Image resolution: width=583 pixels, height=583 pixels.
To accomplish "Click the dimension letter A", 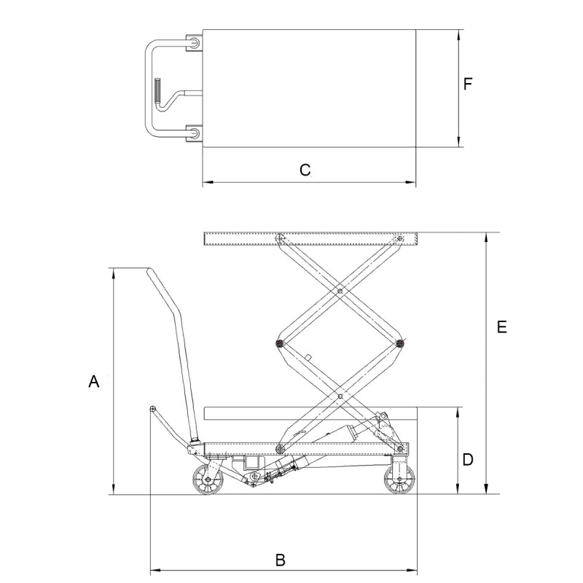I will (93, 380).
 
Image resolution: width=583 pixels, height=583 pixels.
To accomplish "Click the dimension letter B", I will (280, 560).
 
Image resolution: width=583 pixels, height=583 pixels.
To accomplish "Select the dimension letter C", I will (305, 170).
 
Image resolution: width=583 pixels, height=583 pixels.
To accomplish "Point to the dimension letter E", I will (501, 327).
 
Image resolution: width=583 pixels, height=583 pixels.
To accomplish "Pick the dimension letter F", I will (469, 84).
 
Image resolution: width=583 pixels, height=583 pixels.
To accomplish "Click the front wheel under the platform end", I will (399, 480).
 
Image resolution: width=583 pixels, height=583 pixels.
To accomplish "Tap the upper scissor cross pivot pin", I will (340, 290).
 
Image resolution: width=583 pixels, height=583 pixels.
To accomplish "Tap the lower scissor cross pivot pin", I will (340, 396).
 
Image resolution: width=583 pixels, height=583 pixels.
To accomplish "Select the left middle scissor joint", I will (280, 343).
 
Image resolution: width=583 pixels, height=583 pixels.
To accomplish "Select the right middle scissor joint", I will (399, 343).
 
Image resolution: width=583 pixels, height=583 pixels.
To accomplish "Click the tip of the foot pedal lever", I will (152, 408).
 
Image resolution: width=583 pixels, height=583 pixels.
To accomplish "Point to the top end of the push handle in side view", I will (150, 272).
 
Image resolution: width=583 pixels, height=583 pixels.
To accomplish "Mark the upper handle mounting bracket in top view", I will (195, 43).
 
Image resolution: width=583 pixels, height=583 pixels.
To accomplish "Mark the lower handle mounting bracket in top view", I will (195, 133).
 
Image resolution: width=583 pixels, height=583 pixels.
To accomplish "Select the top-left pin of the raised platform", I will (279, 237).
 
